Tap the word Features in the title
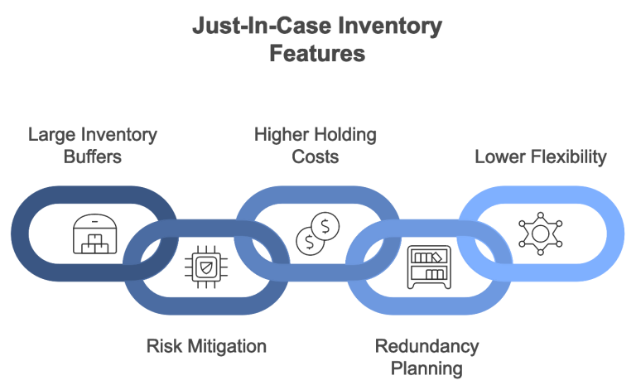click(x=317, y=55)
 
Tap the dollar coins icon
click(x=318, y=233)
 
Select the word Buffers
click(x=93, y=156)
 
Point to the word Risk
click(x=161, y=344)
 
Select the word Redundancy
click(x=426, y=344)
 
